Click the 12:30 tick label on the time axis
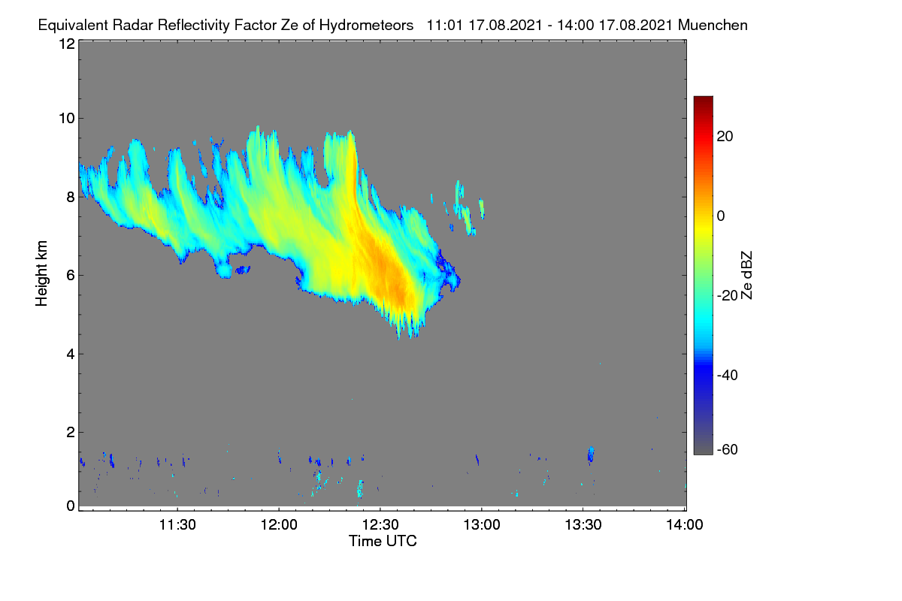point(380,525)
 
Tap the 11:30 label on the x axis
point(177,525)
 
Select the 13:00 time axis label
point(482,525)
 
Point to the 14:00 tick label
point(685,525)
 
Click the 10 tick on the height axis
point(67,119)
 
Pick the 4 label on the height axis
point(71,355)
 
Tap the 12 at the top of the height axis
point(67,44)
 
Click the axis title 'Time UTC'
point(383,542)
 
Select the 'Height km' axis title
point(41,273)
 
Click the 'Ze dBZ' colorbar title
point(746,276)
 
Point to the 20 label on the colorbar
point(725,137)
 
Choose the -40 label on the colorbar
point(728,375)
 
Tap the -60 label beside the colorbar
point(728,449)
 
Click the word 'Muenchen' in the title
point(713,26)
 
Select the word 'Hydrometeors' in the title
point(366,26)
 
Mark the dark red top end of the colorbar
point(703,98)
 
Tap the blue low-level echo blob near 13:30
point(591,455)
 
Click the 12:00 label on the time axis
point(279,525)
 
